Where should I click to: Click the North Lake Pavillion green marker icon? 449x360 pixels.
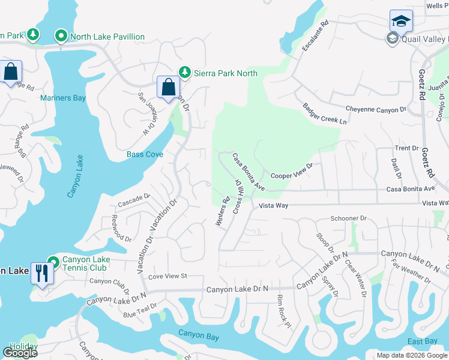61,37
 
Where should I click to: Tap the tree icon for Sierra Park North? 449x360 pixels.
185,73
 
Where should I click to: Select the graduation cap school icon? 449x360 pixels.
401,22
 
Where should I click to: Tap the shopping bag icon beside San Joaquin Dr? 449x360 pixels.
168,87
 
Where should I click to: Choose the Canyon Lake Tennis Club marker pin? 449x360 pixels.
53,262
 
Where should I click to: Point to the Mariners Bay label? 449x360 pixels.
62,98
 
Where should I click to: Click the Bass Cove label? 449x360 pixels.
145,154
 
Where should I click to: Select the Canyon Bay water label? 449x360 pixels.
199,334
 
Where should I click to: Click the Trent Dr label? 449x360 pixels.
406,148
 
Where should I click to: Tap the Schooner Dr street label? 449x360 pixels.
348,219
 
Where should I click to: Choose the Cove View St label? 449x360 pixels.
168,276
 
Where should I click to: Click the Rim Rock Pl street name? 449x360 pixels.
284,308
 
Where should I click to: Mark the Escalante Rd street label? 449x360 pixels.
316,37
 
